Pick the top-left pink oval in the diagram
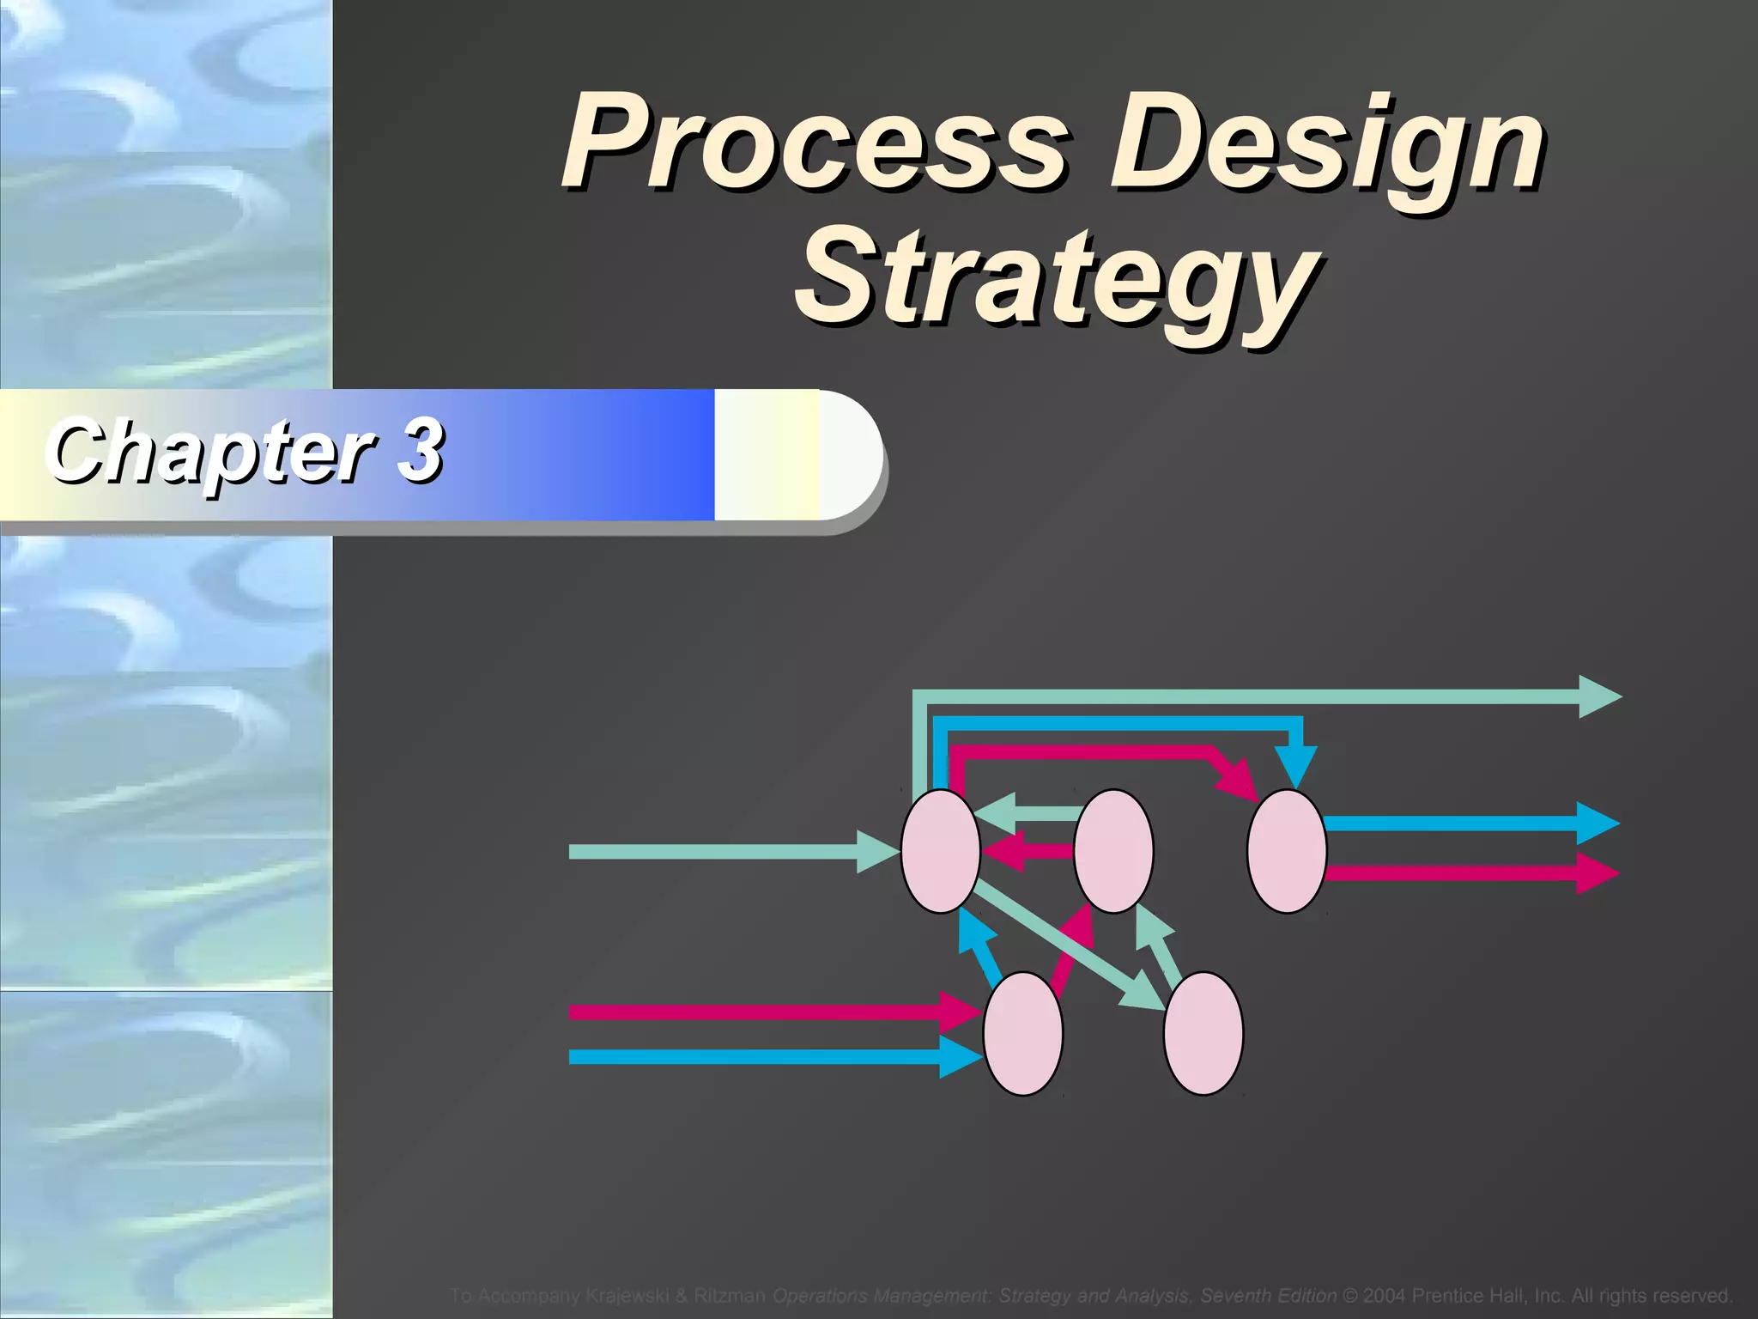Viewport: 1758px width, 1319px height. pos(941,851)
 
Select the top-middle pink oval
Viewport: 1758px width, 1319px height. pos(1113,851)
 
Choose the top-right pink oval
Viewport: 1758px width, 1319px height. pos(1287,851)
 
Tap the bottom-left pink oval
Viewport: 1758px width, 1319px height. pos(1023,1033)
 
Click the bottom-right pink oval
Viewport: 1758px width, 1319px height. pos(1203,1033)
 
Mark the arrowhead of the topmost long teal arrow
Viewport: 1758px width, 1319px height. pos(1598,697)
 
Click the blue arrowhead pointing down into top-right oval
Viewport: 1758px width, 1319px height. pos(1296,764)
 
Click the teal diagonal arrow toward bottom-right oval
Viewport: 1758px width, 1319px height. pos(1064,945)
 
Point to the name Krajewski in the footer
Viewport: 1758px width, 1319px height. pos(628,1295)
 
